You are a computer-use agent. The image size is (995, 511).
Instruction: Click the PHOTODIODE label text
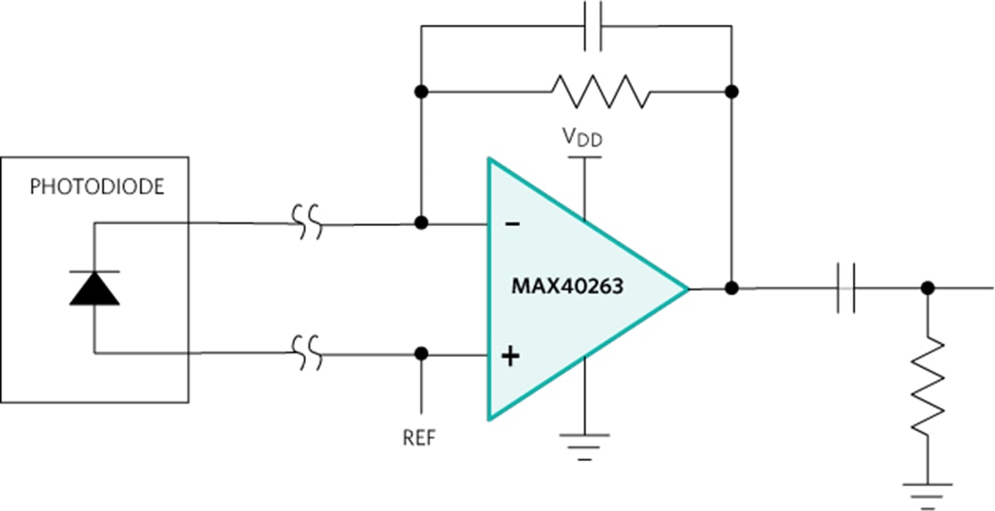click(97, 187)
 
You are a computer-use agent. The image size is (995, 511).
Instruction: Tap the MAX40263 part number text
click(568, 287)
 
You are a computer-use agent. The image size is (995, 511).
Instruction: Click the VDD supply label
click(583, 138)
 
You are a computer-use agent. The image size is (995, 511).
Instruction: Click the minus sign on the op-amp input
click(513, 224)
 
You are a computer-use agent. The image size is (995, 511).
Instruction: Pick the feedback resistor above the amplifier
click(600, 91)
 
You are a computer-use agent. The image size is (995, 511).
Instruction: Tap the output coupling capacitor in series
click(847, 289)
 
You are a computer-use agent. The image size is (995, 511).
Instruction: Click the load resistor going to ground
click(928, 386)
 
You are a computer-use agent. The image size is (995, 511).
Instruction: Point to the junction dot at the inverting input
click(421, 223)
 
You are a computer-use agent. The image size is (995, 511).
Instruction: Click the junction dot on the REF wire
click(421, 353)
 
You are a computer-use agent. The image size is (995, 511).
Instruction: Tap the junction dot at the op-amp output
click(732, 289)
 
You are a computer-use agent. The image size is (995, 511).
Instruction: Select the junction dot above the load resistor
click(928, 289)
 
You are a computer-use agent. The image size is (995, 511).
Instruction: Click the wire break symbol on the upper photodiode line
click(308, 222)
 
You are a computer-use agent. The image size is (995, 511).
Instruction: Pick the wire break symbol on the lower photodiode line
click(308, 352)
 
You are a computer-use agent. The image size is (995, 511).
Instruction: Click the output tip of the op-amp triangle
click(687, 289)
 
